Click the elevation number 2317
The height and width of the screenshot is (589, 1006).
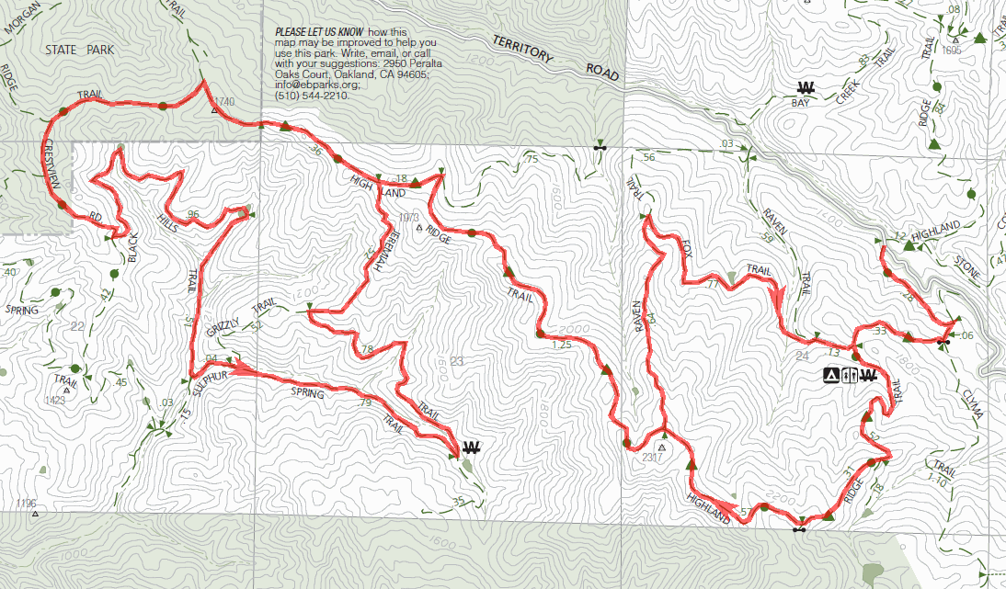pyautogui.click(x=651, y=458)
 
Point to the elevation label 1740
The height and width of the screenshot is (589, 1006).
pyautogui.click(x=224, y=100)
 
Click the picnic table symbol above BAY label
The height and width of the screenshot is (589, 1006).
pyautogui.click(x=806, y=88)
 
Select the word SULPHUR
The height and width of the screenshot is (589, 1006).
pyautogui.click(x=210, y=379)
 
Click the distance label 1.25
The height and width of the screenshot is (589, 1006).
pyautogui.click(x=564, y=345)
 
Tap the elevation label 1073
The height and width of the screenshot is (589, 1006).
pyautogui.click(x=411, y=218)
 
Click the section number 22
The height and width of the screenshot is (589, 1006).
pyautogui.click(x=77, y=327)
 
